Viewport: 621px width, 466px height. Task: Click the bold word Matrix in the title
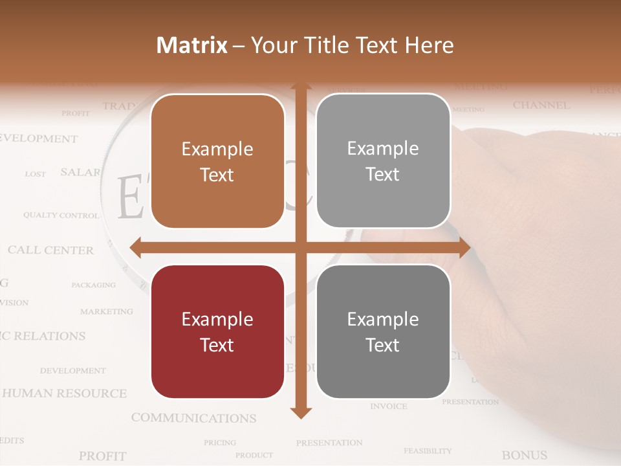[x=191, y=45]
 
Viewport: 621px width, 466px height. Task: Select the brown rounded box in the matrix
[x=217, y=161]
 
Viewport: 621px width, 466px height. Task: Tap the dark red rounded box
[x=217, y=331]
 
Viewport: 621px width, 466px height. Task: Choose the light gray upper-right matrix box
[x=383, y=161]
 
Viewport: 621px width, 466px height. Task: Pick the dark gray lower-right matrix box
[x=383, y=331]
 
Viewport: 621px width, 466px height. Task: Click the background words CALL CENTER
[x=50, y=250]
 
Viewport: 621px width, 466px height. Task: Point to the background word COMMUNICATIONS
[x=193, y=418]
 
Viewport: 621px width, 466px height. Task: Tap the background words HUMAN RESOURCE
[x=65, y=393]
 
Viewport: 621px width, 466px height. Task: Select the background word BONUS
[x=524, y=455]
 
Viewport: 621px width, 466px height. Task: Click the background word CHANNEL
[x=541, y=105]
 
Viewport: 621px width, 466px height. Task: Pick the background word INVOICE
[x=389, y=406]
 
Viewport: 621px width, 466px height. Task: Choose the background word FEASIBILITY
[x=428, y=450]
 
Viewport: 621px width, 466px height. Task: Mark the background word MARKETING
[x=106, y=311]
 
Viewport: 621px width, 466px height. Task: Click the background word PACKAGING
[x=93, y=285]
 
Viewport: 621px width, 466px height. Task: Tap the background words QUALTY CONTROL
[x=61, y=215]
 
